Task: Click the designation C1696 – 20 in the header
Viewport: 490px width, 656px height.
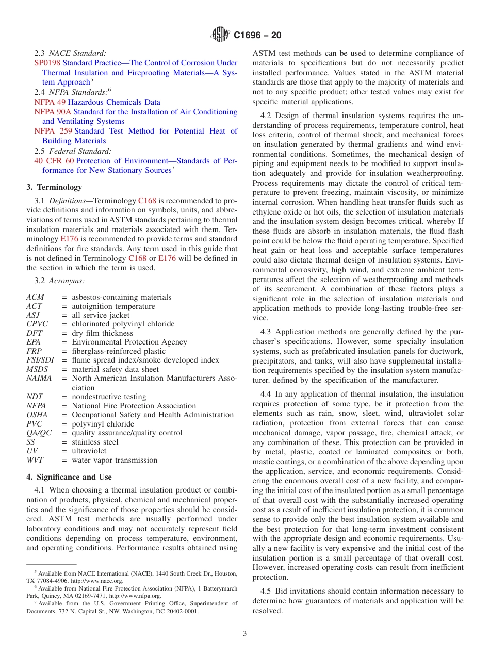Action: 257,36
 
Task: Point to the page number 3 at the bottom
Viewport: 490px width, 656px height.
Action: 245,633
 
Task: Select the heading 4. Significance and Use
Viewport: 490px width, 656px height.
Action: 69,477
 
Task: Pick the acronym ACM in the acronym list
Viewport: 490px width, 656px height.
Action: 35,297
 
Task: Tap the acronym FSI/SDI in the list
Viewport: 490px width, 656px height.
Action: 40,360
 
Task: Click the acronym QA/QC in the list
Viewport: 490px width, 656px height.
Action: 39,433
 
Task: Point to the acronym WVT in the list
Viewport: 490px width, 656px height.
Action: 35,460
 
